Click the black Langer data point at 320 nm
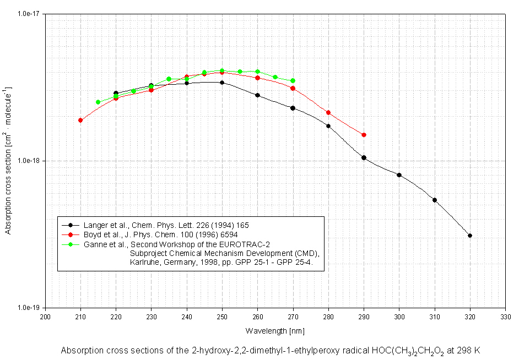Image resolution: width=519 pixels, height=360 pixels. coord(470,236)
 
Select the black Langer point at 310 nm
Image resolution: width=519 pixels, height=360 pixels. coord(435,200)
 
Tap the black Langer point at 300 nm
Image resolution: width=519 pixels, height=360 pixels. coord(399,175)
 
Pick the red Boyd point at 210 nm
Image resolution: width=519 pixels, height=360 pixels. coord(80,120)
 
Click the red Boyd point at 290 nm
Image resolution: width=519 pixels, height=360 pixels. coord(364,135)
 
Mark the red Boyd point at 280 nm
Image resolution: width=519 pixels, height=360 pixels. coord(328,112)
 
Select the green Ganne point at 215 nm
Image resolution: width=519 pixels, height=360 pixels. coord(98,102)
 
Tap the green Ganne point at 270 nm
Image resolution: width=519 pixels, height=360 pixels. coord(293,81)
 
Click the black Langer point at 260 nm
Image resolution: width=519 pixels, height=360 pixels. coord(257,95)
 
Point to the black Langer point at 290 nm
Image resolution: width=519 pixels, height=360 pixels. coord(364,157)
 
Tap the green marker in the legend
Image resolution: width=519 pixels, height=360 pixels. coord(70,243)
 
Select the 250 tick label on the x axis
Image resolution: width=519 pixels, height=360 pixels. coord(222,317)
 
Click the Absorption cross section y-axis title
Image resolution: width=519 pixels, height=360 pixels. coord(8,161)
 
